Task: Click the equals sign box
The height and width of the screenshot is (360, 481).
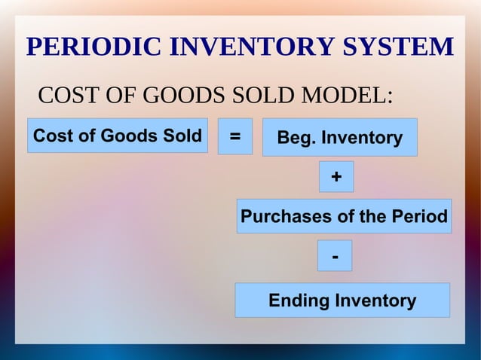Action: (235, 137)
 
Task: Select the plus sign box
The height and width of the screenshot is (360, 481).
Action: (335, 177)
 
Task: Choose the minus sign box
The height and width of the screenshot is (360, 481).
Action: (335, 256)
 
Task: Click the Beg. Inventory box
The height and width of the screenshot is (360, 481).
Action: (339, 138)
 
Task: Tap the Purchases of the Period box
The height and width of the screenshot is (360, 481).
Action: (344, 217)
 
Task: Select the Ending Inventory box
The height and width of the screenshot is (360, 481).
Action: (342, 301)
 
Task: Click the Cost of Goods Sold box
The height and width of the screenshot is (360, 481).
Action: (118, 136)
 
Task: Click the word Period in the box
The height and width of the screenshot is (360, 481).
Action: (419, 217)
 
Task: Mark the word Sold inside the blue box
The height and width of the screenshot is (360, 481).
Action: (183, 136)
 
